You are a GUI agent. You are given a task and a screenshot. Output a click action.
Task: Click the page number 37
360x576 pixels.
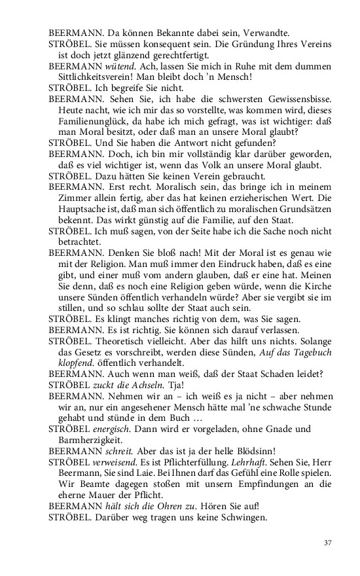[x=328, y=543]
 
